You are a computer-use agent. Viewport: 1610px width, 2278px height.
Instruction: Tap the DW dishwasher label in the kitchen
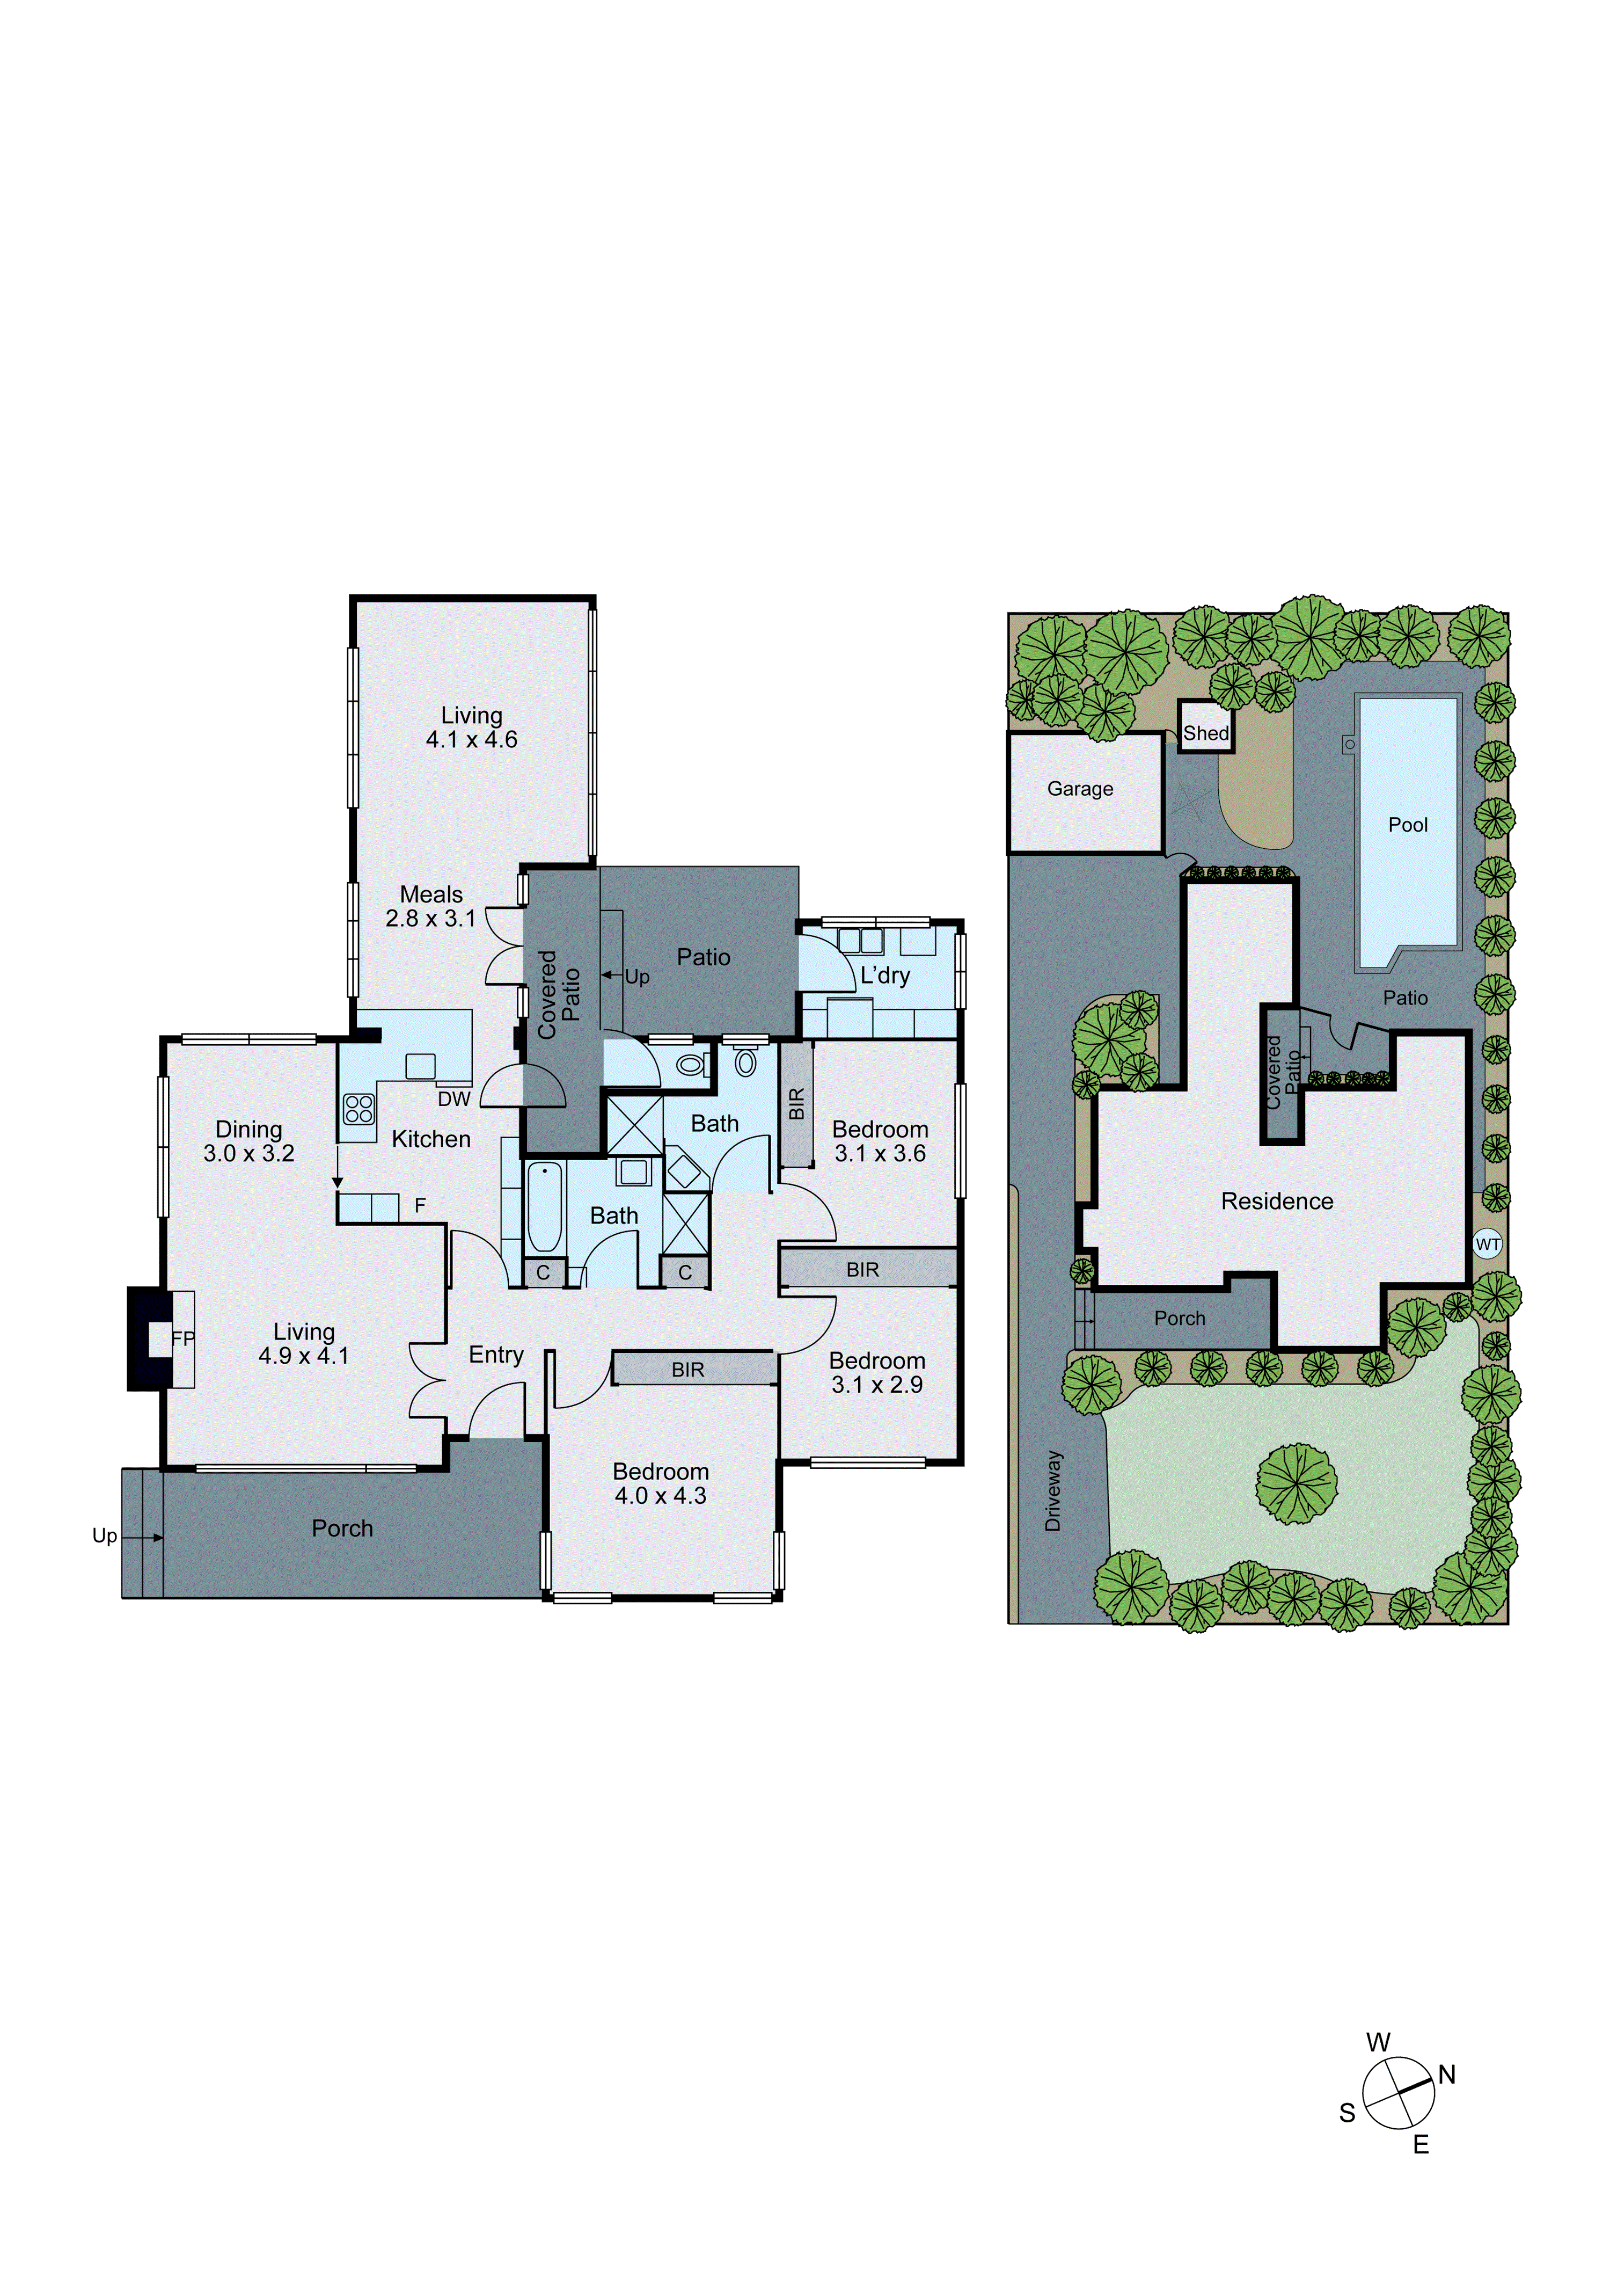(x=453, y=1098)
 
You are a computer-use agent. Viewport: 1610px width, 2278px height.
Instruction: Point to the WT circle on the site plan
(x=1487, y=1244)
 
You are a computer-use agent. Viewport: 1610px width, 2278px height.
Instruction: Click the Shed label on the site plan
(x=1205, y=733)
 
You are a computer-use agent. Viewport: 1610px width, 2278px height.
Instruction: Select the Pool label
(x=1408, y=825)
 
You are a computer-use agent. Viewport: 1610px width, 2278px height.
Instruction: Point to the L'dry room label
(x=884, y=976)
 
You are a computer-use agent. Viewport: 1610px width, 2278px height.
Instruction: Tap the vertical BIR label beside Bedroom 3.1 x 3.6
(x=795, y=1103)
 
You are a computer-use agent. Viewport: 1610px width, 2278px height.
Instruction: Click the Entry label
(x=496, y=1355)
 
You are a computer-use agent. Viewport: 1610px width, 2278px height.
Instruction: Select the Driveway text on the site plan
(x=1053, y=1491)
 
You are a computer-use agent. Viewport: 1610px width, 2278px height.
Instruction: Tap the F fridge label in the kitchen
(x=420, y=1205)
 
